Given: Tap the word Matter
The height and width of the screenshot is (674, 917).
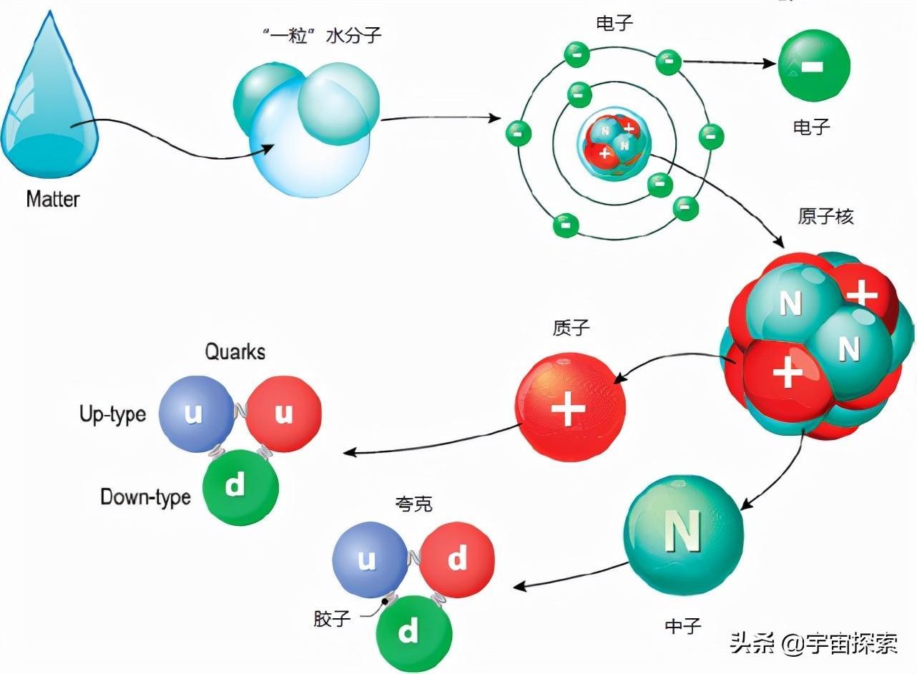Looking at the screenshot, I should coord(52,198).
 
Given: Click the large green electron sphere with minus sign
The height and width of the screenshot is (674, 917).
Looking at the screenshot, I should coord(813,66).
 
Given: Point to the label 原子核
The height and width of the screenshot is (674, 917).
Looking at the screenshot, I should coord(825,217).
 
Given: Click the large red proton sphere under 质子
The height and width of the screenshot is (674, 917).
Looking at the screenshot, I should coord(570,407).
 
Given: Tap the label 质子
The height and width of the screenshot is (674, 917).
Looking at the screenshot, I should coord(571,328).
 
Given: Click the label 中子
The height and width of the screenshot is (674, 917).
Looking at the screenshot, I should coord(683,626).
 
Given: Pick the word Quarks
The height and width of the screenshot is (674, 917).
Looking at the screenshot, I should coord(235,351).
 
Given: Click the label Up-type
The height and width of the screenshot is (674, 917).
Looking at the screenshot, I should coord(113,414).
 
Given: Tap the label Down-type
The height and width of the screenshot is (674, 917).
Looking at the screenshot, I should coord(145,497).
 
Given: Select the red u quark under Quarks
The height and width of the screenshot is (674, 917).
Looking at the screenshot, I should coord(283,414).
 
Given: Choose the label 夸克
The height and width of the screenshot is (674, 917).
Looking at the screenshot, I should coord(413,504).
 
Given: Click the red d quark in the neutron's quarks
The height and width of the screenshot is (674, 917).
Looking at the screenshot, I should coord(457,559).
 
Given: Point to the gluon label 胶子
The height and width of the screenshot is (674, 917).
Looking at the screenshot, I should coord(332,618).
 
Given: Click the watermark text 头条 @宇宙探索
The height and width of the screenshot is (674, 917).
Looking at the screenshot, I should coord(813,644).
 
